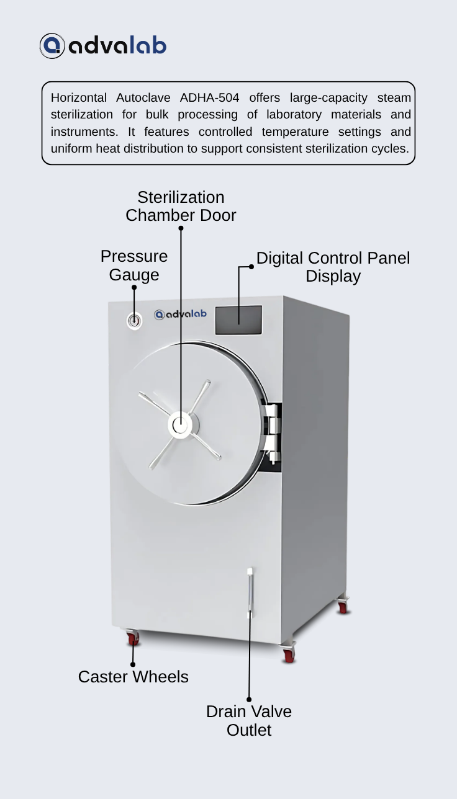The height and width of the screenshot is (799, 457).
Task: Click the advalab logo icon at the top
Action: point(52,46)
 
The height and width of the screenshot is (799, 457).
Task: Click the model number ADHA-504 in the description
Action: point(209,97)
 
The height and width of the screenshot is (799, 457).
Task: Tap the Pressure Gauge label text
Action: point(134,266)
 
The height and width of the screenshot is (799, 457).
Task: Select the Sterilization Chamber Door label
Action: point(181,206)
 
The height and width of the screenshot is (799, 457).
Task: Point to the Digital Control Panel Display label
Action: point(333,267)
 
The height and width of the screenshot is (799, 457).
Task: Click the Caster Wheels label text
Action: point(133,677)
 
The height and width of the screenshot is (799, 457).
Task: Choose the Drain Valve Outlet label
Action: point(249,721)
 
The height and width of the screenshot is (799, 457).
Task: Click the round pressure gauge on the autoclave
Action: point(134,321)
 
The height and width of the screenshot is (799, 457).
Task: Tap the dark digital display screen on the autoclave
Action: point(238,319)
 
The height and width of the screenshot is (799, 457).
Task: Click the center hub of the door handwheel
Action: point(180,425)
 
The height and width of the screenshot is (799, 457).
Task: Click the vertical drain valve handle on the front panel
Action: point(250,593)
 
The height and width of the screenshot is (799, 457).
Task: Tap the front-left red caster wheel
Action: point(132,638)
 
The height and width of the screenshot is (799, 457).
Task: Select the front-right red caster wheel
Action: point(289,653)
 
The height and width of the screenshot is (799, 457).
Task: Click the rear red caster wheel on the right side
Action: point(343,605)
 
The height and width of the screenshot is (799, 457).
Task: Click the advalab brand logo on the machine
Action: point(180,314)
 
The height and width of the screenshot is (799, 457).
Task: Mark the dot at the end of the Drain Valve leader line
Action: point(249,700)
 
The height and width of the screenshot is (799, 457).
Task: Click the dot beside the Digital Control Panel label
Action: point(251,267)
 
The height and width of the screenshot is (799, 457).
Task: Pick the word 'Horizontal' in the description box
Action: point(78,97)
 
